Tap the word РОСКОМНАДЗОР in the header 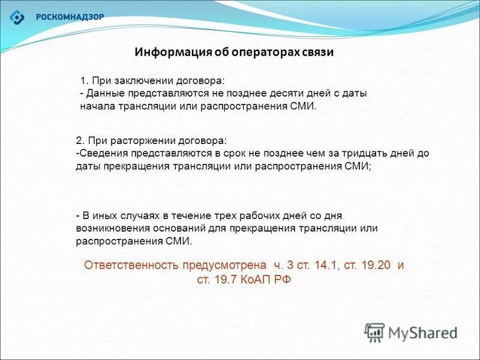point(70,17)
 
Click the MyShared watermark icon point(374,332)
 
